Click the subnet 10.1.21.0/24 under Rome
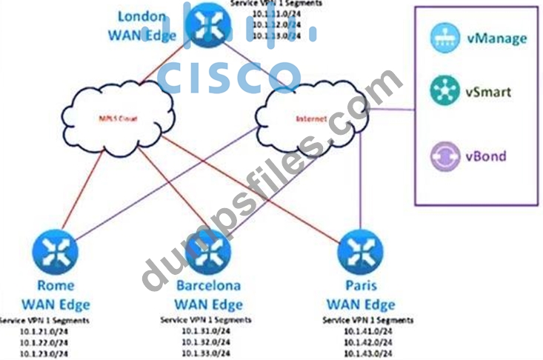point(45,331)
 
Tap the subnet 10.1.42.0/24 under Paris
point(368,342)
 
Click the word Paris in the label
point(360,286)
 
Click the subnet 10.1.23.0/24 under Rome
point(45,353)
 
